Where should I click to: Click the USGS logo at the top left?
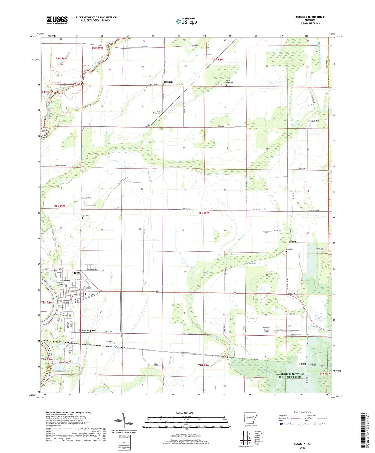[x=57, y=20]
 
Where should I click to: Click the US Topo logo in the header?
[x=186, y=21]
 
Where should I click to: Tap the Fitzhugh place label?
[x=167, y=82]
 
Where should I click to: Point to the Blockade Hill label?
[x=313, y=121]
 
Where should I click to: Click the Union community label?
[x=294, y=241]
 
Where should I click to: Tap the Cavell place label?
[x=302, y=364]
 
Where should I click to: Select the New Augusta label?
[x=88, y=331]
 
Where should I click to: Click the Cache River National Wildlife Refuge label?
[x=290, y=375]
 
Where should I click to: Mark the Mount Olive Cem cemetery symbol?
[x=226, y=85]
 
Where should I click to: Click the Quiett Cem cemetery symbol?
[x=83, y=218]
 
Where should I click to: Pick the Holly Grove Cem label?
[x=156, y=112]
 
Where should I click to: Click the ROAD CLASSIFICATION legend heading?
[x=302, y=412]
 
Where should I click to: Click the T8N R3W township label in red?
[x=204, y=213]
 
